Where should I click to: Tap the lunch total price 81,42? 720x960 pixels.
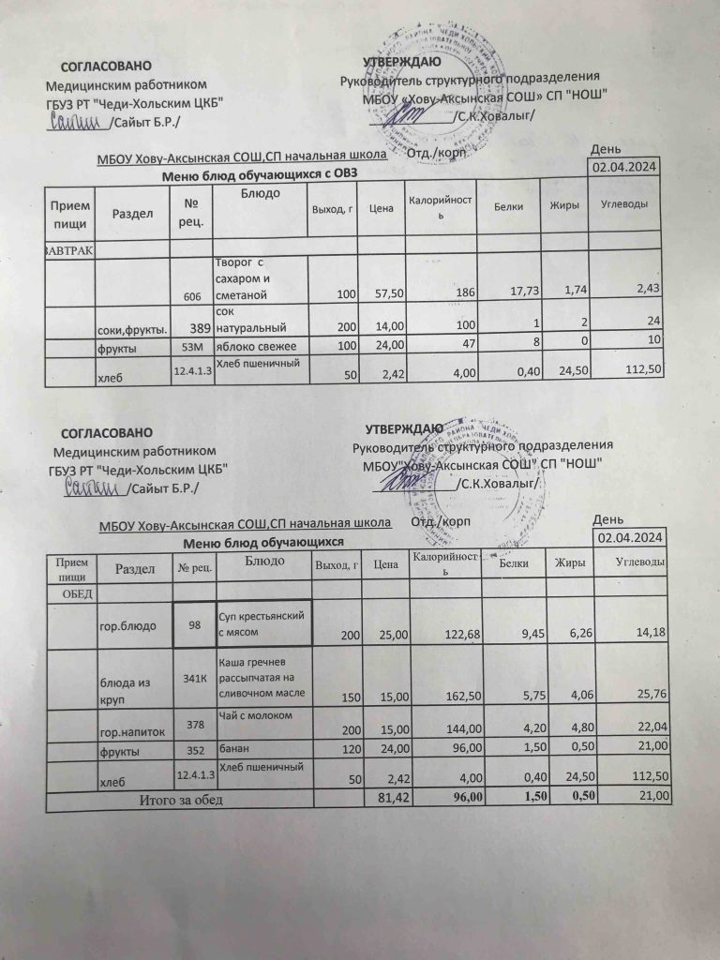point(391,798)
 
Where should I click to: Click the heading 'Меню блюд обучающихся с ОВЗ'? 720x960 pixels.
point(260,173)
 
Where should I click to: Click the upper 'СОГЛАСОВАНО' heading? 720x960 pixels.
point(105,67)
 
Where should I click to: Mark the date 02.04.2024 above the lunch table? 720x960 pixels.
point(630,537)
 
